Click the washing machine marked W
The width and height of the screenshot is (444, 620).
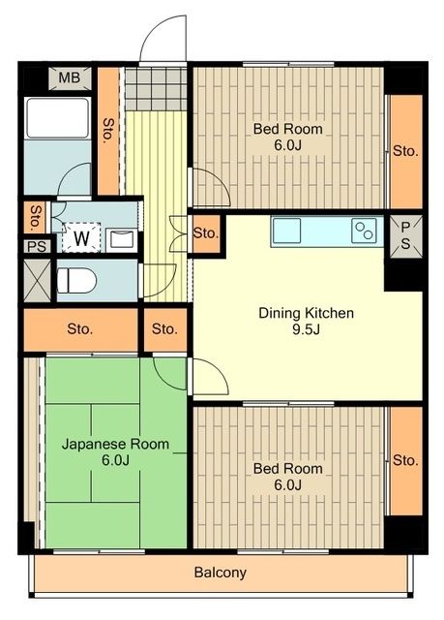tap(81, 235)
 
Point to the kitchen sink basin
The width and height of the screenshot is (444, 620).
tap(288, 232)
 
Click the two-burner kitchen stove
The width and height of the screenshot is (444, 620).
tap(364, 231)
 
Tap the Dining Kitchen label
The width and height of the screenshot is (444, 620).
tap(306, 313)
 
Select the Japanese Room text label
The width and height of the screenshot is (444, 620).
tap(115, 445)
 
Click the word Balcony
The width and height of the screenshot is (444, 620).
tap(220, 573)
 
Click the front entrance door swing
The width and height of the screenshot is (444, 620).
tap(162, 41)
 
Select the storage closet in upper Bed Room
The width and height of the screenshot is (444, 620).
tap(405, 151)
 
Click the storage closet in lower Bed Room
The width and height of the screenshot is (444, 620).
tap(405, 460)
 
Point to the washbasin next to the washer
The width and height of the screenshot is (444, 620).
tap(122, 238)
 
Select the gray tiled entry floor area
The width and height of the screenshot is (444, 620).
tap(154, 89)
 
